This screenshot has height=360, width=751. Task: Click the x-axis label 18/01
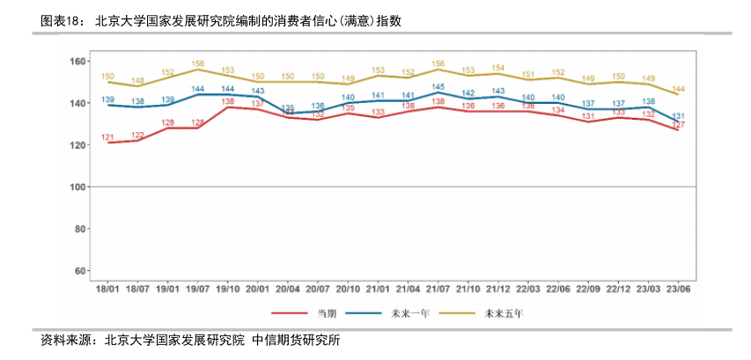[107, 288]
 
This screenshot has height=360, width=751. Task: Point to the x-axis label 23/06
[678, 288]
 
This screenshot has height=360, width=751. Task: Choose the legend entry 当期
[326, 312]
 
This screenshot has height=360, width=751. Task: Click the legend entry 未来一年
[410, 312]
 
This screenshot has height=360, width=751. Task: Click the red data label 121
[107, 137]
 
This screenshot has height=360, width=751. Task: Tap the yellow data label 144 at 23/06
[679, 89]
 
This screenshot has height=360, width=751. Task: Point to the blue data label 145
[438, 87]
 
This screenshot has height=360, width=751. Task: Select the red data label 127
[679, 125]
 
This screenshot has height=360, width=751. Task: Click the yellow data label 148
[138, 81]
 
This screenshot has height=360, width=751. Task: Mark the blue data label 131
[679, 116]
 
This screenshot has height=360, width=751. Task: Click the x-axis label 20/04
[287, 288]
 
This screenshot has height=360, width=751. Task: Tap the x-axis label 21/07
[438, 288]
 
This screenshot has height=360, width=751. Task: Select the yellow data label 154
[497, 68]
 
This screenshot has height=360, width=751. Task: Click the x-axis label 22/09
[588, 288]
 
